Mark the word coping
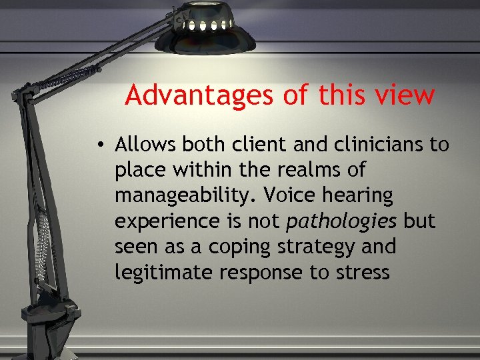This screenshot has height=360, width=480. point(234,247)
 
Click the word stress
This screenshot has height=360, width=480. point(364,272)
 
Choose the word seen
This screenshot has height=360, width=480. point(137,247)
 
